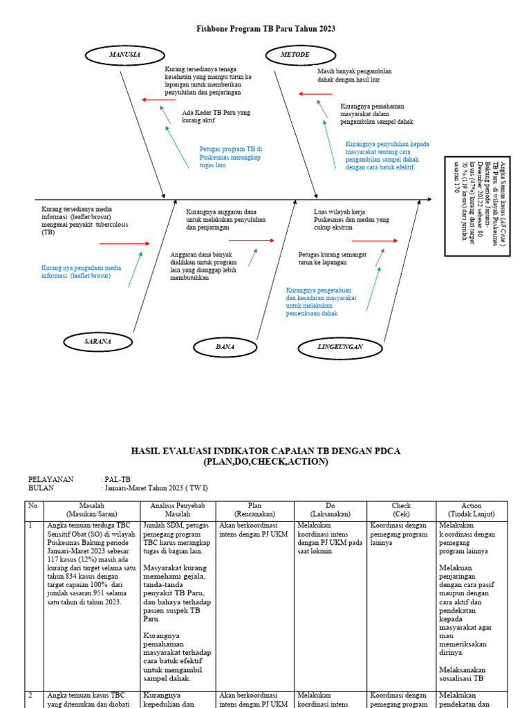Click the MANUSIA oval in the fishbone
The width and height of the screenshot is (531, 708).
point(124,54)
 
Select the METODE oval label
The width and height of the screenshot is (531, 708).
point(295,54)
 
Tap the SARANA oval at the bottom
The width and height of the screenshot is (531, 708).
point(97,342)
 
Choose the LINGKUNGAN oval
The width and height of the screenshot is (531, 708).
point(340,346)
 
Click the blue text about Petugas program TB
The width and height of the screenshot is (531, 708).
point(230,157)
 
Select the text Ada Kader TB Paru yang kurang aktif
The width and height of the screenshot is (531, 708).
point(216,115)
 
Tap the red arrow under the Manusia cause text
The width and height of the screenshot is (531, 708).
point(159,100)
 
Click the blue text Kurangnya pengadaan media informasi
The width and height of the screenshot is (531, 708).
point(81,271)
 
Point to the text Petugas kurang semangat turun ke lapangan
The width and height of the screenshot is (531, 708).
point(332,259)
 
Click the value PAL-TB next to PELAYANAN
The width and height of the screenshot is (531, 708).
point(117,479)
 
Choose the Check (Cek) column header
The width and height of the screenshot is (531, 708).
point(401,510)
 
